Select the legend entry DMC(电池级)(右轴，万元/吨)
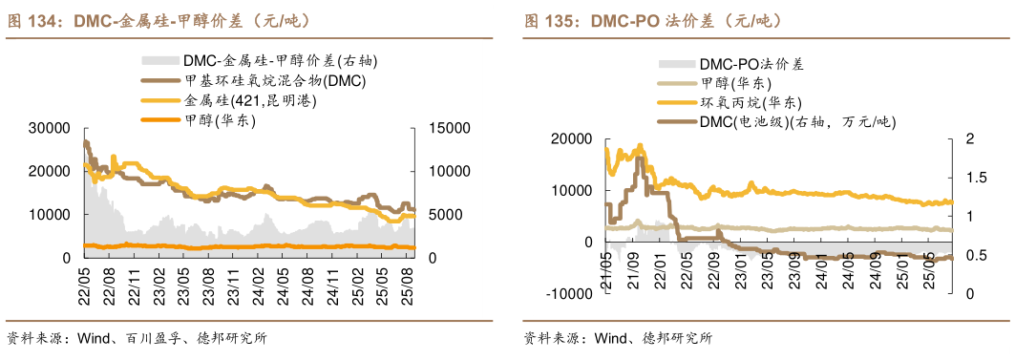[797, 121]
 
